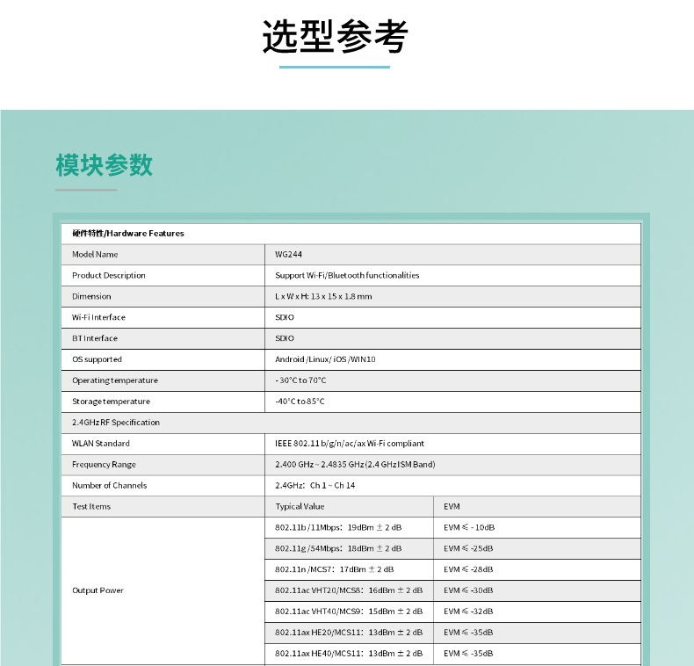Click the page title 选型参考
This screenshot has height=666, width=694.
pos(335,37)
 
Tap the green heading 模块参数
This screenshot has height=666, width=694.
pos(104,164)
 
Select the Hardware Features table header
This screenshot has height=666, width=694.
pos(128,234)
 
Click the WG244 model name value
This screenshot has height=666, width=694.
pos(289,255)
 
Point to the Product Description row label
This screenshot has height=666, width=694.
pos(109,276)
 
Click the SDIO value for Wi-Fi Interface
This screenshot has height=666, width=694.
pos(285,317)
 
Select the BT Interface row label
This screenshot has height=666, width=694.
pos(95,338)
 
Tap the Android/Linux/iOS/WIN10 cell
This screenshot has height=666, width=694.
pos(325,359)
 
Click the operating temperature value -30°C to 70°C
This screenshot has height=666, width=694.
pos(300,380)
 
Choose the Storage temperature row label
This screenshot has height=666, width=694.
pos(111,402)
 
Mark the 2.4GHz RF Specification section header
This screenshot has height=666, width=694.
pos(116,423)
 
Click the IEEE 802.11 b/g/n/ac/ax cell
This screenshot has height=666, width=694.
pos(350,444)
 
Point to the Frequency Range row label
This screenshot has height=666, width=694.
pos(104,465)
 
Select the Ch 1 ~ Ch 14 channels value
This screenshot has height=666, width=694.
pos(315,486)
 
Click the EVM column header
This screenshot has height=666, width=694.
pos(452,507)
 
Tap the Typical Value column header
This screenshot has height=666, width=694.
pos(300,507)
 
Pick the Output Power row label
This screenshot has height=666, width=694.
pos(98,590)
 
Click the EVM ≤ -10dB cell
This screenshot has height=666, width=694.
pos(469,528)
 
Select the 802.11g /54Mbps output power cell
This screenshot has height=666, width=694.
pos(338,548)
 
